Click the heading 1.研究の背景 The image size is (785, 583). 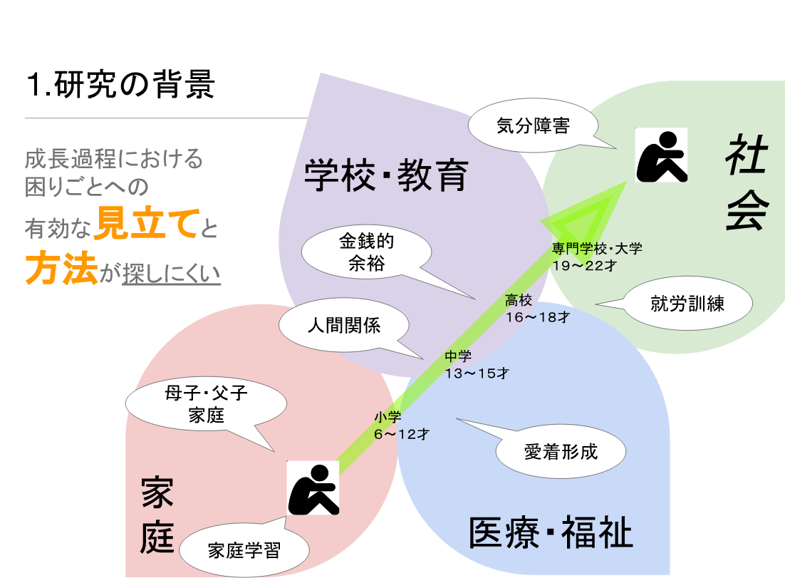click(x=120, y=86)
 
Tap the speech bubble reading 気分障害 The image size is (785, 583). click(x=532, y=127)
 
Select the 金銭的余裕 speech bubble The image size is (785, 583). click(x=366, y=252)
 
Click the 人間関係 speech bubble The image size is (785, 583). click(x=343, y=326)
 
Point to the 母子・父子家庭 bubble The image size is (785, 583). click(x=207, y=403)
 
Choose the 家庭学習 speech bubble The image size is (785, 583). click(x=244, y=550)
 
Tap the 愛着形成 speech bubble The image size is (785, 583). click(x=561, y=451)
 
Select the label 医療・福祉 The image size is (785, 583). click(x=551, y=533)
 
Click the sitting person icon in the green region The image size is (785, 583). click(x=662, y=155)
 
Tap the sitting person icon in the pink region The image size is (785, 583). click(x=313, y=487)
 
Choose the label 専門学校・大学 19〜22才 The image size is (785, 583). click(x=597, y=256)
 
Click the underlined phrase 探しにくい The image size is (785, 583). click(x=171, y=274)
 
